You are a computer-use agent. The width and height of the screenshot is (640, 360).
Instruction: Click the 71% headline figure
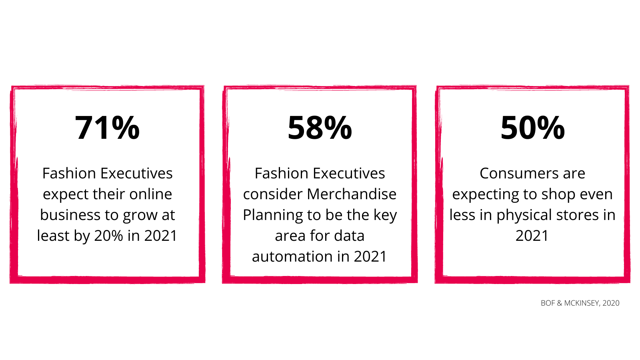107,128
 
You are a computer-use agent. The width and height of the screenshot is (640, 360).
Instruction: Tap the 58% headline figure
320,128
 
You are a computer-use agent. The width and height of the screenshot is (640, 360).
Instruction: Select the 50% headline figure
532,128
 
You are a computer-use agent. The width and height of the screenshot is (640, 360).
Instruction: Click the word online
150,194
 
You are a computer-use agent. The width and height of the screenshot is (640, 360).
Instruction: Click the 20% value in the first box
108,236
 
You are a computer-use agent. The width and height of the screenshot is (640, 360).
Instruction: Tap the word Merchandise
352,194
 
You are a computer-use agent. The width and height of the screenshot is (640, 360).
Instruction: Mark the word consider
273,194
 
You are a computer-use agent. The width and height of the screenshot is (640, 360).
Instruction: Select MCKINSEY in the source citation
582,303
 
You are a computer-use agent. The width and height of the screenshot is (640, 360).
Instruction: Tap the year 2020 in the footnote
611,303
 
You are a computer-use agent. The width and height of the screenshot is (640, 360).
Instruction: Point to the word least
53,236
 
